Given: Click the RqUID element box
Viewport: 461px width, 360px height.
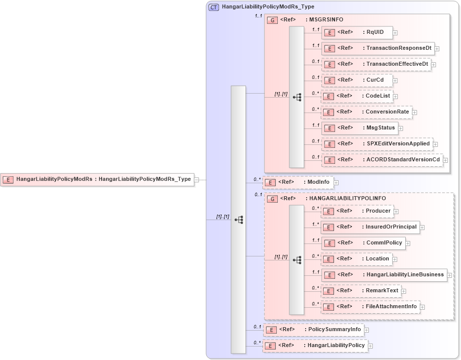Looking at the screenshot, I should tap(357, 33).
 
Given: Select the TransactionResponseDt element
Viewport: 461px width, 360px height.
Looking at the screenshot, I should tap(378, 48).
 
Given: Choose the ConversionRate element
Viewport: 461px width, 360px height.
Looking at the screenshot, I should tap(366, 112).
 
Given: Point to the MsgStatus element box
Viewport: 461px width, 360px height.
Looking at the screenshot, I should tap(359, 128).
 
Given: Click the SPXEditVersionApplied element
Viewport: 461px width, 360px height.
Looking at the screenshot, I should tap(376, 144).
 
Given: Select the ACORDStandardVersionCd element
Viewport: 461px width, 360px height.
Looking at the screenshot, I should tap(382, 160).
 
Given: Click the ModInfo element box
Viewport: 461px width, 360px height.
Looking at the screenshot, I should tap(298, 182).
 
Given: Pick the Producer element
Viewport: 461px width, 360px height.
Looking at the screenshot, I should tap(357, 211).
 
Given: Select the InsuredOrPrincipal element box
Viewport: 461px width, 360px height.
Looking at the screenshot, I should tap(370, 227).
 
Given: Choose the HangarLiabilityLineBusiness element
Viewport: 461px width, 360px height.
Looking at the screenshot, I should tap(384, 275).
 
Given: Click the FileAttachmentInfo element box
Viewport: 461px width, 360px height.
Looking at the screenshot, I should tap(370, 307).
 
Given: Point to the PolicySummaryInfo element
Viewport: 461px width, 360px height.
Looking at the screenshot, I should tap(314, 330).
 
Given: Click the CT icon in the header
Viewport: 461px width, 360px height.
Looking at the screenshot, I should tap(214, 7).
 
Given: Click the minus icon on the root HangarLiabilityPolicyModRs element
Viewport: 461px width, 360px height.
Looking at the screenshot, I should tap(197, 180).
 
